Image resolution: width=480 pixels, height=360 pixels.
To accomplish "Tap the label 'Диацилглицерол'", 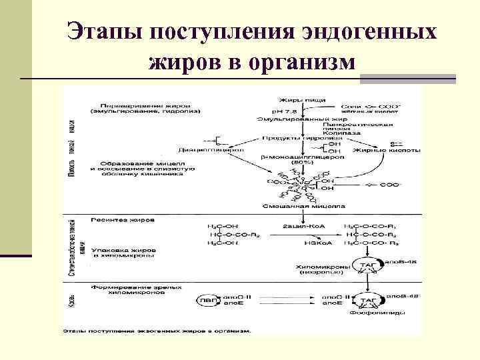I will pyautogui.click(x=212, y=150).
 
